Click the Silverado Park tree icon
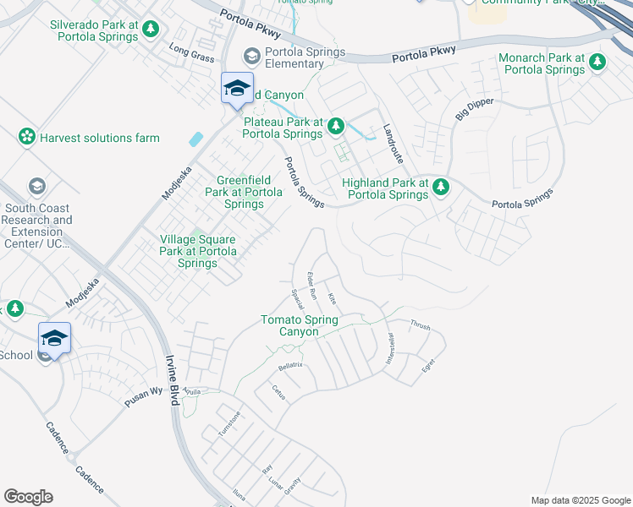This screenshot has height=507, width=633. pyautogui.click(x=151, y=30)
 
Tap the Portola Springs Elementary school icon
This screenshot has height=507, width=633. pyautogui.click(x=251, y=56)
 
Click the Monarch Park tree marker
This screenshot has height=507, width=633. pyautogui.click(x=597, y=62)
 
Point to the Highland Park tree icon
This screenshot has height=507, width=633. pyautogui.click(x=440, y=188)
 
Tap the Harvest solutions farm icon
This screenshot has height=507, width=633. pyautogui.click(x=26, y=137)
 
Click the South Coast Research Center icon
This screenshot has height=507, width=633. pyautogui.click(x=36, y=186)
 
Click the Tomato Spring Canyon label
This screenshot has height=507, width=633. pyautogui.click(x=300, y=325)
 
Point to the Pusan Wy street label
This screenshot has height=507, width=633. pyautogui.click(x=143, y=397)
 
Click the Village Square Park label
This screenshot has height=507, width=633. pyautogui.click(x=198, y=251)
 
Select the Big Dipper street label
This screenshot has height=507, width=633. pyautogui.click(x=475, y=109)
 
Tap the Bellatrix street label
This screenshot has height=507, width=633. pyautogui.click(x=290, y=366)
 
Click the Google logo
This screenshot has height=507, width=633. pyautogui.click(x=28, y=497)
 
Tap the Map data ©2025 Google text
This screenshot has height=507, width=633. pyautogui.click(x=581, y=500)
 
